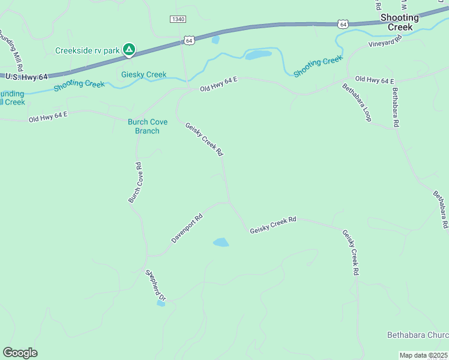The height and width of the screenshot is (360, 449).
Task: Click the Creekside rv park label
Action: (88, 50)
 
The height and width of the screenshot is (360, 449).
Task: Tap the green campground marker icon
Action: (128, 49)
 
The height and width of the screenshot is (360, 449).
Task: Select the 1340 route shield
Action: (178, 19)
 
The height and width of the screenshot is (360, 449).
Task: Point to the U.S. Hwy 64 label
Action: (25, 77)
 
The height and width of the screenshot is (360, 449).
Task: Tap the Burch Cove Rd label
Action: (134, 182)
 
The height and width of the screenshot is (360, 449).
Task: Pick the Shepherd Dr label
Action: (155, 284)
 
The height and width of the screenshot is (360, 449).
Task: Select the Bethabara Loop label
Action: (357, 103)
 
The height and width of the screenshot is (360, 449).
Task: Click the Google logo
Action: (20, 353)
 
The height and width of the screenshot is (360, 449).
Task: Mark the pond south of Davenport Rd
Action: (221, 242)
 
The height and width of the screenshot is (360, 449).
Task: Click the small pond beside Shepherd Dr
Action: (161, 304)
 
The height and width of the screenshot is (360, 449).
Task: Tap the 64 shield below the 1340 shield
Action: (188, 40)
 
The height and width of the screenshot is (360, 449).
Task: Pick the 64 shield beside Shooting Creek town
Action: (342, 24)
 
